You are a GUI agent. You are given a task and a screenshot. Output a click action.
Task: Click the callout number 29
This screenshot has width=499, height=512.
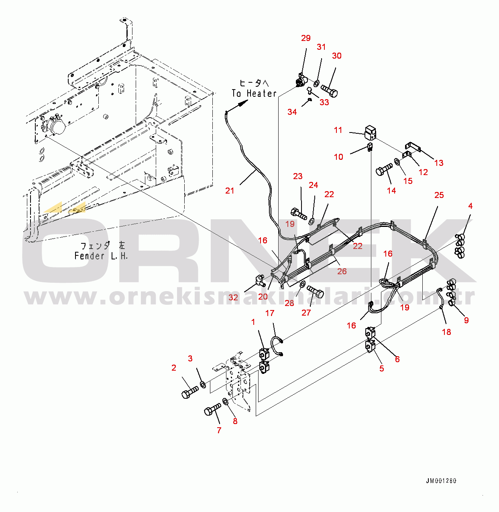coord(306,38)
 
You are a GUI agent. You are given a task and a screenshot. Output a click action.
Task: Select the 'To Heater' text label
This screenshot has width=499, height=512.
coord(254,93)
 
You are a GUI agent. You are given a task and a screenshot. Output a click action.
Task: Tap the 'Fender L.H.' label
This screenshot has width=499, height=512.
coord(101,256)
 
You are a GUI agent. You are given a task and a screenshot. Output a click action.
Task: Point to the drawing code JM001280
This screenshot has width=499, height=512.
coord(441,481)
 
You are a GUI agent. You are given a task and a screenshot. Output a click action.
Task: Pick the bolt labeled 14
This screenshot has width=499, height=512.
coord(384,169)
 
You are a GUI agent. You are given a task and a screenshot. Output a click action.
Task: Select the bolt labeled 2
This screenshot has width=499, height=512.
coord(189,392)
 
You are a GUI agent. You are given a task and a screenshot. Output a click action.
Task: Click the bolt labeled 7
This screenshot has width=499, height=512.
coord(212,410)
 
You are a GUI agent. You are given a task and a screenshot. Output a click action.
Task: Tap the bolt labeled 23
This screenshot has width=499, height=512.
coord(298,212)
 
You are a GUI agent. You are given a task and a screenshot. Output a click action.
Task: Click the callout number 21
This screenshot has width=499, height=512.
coord(230,191)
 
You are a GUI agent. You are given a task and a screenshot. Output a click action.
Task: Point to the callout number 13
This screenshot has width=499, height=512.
coord(439,163)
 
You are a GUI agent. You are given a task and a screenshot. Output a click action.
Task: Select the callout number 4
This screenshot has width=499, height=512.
coord(470,206)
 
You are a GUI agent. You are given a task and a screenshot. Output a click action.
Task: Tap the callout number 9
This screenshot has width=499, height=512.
coord(466,320)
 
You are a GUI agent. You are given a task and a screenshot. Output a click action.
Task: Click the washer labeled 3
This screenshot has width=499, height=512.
coord(203,385)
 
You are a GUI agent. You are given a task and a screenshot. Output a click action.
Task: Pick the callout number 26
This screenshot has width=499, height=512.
coord(342,271)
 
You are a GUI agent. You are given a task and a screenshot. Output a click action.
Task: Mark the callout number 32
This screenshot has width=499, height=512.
coord(233,298)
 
